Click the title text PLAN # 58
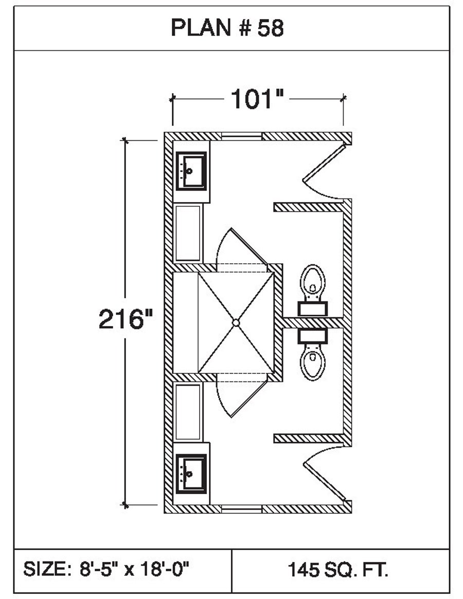pos(227,29)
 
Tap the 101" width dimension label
pos(257,99)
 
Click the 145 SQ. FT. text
pos(338,570)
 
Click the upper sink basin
pos(191,170)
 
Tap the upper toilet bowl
pos(313,281)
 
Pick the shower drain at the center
pos(236,322)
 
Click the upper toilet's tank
pos(313,308)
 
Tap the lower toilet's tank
pos(313,336)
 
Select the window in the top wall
pos(242,136)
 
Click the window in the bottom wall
pos(242,509)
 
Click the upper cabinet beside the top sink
pos(188,233)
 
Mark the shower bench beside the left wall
pos(185,322)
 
